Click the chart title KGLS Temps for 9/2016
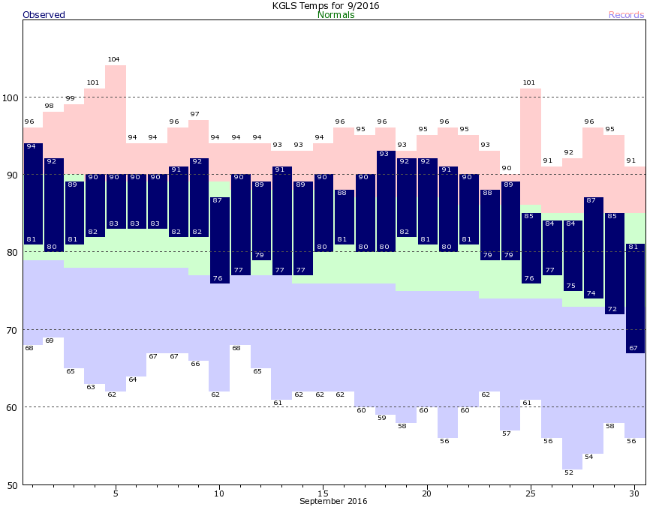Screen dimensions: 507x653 coord(326,5)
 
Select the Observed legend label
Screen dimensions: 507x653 coord(44,15)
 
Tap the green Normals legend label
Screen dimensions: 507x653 coord(336,15)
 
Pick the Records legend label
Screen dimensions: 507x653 coord(626,15)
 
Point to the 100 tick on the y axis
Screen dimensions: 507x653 coord(11,97)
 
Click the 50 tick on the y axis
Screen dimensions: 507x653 coord(14,485)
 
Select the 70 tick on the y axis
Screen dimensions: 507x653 coord(14,330)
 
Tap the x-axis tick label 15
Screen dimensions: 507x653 coord(323,493)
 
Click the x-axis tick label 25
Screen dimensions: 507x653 coord(530,493)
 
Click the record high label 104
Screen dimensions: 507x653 coord(114,59)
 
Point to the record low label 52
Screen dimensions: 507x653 coord(568,472)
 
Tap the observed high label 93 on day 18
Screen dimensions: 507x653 coord(384,154)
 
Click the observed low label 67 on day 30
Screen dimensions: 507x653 coord(632,348)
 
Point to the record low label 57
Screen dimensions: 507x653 coord(506,433)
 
